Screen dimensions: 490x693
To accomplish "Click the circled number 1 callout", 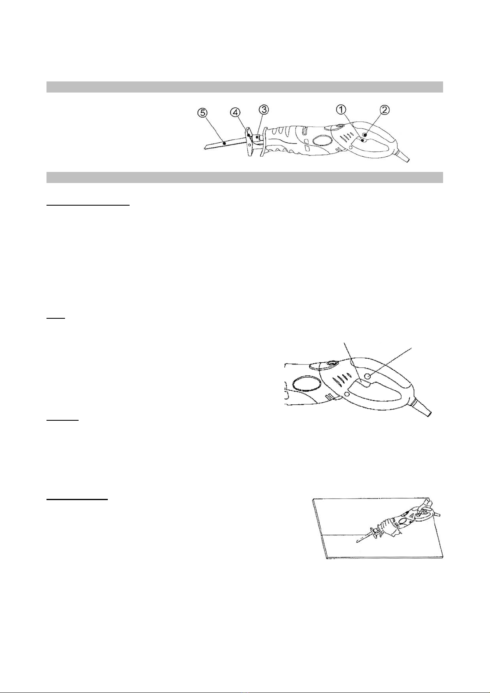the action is point(342,109).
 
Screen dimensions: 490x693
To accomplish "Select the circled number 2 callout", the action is point(385,110).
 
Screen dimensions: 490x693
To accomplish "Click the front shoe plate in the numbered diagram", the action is point(249,142).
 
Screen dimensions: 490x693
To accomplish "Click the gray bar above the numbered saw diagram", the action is point(244,87).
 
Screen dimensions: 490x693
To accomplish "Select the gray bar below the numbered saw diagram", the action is point(244,177).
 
